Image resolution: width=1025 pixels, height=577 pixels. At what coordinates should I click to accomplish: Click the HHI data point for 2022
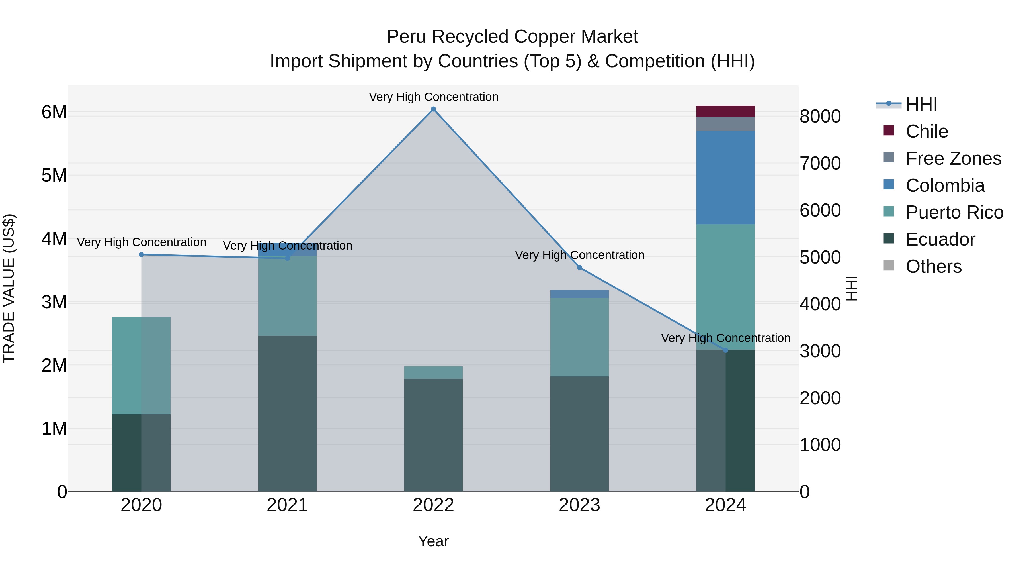(433, 109)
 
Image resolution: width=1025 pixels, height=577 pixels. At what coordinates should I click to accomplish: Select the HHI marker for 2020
(141, 254)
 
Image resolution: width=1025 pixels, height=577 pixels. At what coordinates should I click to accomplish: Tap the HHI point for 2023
(579, 268)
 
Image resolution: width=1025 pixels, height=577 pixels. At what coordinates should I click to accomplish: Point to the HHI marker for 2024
(725, 350)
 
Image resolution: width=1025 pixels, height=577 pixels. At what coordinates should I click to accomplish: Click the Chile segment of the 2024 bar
(725, 111)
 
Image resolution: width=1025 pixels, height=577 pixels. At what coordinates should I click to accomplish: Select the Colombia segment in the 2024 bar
(725, 178)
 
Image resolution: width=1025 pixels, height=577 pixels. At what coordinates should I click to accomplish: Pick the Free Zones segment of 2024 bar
(725, 124)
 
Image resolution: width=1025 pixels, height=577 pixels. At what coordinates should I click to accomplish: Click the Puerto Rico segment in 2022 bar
(433, 372)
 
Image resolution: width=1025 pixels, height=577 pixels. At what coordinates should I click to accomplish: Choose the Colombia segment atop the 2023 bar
(579, 294)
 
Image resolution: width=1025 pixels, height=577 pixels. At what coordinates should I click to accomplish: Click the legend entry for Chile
(927, 131)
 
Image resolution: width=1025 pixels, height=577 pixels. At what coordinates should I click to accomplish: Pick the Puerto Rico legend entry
(954, 212)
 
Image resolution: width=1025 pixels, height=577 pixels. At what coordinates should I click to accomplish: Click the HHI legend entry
(921, 104)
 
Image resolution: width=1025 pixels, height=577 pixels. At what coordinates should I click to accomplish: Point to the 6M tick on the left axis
(54, 112)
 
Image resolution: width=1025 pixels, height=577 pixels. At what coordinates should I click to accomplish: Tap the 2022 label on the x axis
(433, 505)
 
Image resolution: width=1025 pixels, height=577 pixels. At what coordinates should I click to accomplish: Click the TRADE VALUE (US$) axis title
(9, 288)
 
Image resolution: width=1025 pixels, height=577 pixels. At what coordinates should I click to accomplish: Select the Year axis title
(433, 541)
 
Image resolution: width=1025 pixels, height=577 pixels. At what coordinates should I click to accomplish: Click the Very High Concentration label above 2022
(433, 97)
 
